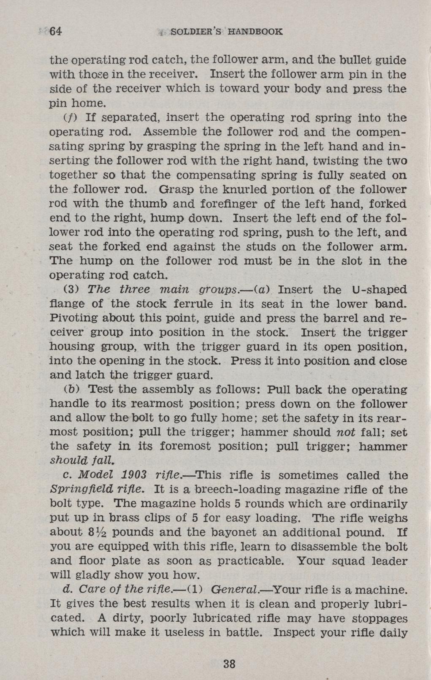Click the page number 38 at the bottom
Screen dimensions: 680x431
click(x=229, y=664)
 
